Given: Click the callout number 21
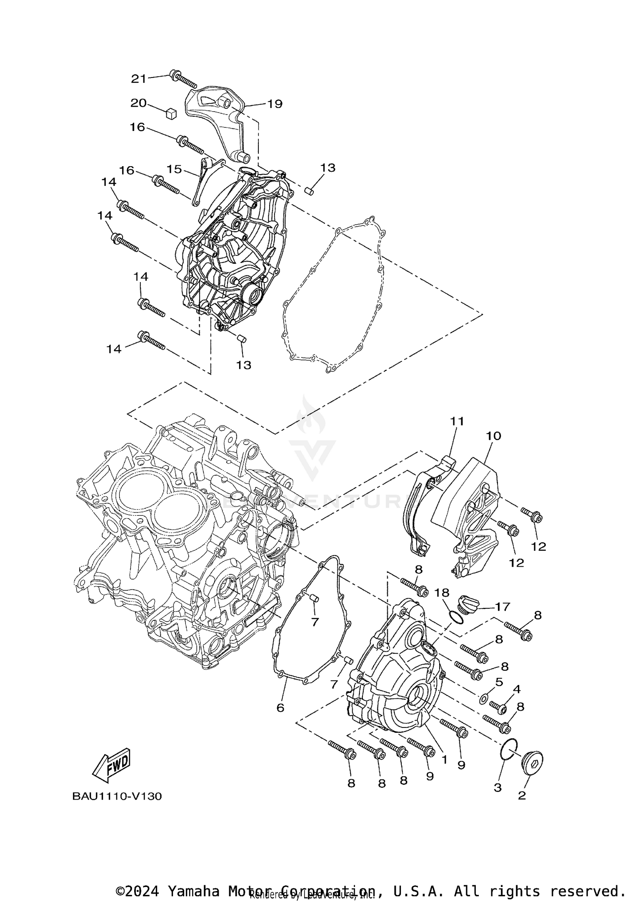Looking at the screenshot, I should pyautogui.click(x=139, y=78).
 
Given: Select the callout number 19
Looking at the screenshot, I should pyautogui.click(x=275, y=104).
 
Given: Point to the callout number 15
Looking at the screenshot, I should pyautogui.click(x=175, y=169).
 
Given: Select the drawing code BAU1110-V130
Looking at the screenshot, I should pyautogui.click(x=117, y=796).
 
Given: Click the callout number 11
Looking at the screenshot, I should pyautogui.click(x=456, y=421).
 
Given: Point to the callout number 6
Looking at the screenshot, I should pyautogui.click(x=280, y=707).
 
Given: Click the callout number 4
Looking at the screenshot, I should pyautogui.click(x=517, y=689).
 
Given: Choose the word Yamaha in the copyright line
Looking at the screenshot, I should pyautogui.click(x=193, y=888).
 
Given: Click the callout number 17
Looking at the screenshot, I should pyautogui.click(x=503, y=607).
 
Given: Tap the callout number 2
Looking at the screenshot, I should pyautogui.click(x=522, y=795).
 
